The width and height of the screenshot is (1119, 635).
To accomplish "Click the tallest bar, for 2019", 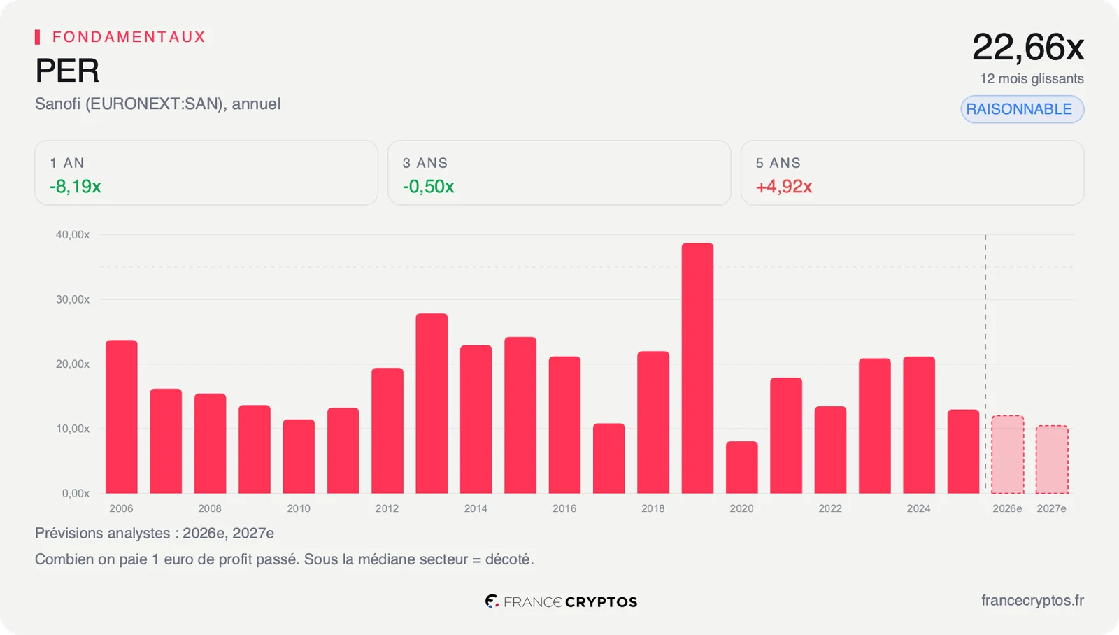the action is pyautogui.click(x=697, y=369).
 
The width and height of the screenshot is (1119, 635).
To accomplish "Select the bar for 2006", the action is pyautogui.click(x=122, y=417).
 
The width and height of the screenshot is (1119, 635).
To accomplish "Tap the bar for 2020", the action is pyautogui.click(x=742, y=467).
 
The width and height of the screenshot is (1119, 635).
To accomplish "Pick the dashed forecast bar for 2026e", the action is pyautogui.click(x=1008, y=455).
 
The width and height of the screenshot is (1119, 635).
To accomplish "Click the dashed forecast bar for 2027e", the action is pyautogui.click(x=1052, y=459).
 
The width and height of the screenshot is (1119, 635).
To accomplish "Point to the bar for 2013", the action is pyautogui.click(x=432, y=404).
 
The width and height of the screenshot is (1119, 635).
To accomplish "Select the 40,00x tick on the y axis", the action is pyautogui.click(x=73, y=235).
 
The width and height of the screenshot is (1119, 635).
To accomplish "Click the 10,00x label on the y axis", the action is pyautogui.click(x=73, y=429).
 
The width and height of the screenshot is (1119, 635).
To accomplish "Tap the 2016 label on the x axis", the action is pyautogui.click(x=564, y=508).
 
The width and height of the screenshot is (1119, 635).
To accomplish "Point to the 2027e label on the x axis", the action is pyautogui.click(x=1052, y=508).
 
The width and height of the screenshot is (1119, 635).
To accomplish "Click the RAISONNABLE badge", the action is pyautogui.click(x=1022, y=109).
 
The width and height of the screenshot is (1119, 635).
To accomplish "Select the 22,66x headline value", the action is pyautogui.click(x=1028, y=48).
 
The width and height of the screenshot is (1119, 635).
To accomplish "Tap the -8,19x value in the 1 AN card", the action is pyautogui.click(x=76, y=186).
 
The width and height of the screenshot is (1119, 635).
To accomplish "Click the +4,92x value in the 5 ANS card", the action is pyautogui.click(x=784, y=186).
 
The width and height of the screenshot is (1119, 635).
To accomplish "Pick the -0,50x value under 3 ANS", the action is pyautogui.click(x=428, y=186).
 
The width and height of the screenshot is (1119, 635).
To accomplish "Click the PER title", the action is pyautogui.click(x=67, y=70).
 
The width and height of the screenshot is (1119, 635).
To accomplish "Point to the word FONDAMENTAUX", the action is pyautogui.click(x=129, y=37).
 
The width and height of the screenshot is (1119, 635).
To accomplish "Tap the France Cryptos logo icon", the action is pyautogui.click(x=492, y=601).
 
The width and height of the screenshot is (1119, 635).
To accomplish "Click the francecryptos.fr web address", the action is pyautogui.click(x=1032, y=601).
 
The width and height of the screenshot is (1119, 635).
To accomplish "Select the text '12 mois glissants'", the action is pyautogui.click(x=1032, y=78).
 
